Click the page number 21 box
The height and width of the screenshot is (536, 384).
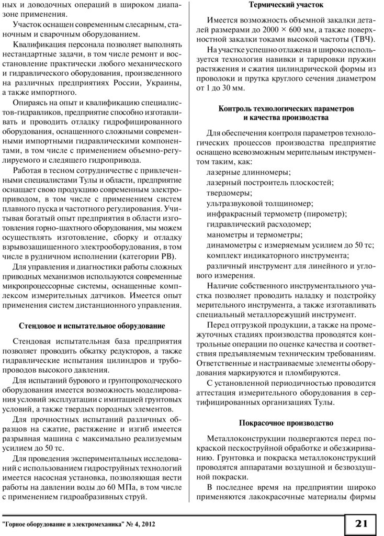[361, 523]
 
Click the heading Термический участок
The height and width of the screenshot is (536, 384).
[286, 5]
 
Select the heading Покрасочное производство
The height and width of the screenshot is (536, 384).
[286, 422]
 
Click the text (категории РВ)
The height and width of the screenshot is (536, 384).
[148, 256]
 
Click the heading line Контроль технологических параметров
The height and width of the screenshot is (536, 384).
[286, 108]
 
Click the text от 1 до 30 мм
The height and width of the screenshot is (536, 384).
[220, 88]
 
